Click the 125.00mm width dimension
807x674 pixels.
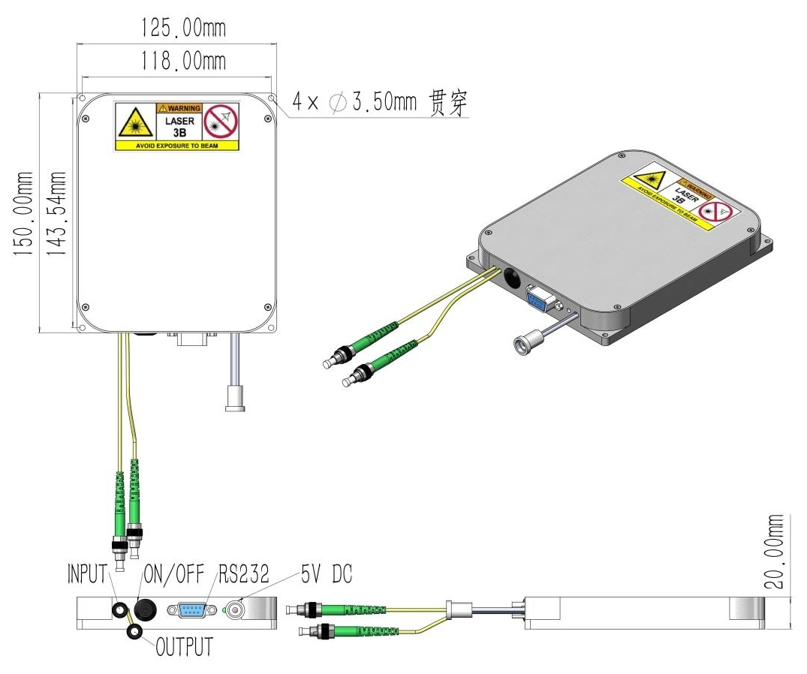coord(183,29)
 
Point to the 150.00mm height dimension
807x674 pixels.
coord(25,215)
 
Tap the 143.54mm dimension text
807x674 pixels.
coord(57,215)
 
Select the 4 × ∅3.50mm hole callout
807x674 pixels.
coord(379,103)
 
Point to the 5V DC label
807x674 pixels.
coord(327,575)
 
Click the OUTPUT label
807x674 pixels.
coord(184,646)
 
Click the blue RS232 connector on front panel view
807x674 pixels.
coord(192,610)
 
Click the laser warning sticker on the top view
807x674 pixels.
coord(177,126)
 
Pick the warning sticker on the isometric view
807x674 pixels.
coord(681,196)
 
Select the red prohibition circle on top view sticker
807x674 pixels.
coord(221,121)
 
